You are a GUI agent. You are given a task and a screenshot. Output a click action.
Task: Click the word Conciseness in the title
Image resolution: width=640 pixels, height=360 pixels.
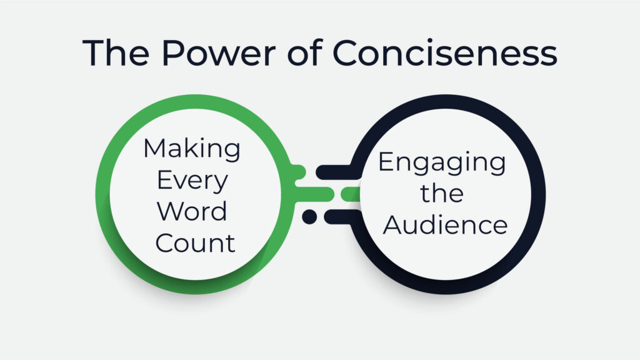click(x=445, y=52)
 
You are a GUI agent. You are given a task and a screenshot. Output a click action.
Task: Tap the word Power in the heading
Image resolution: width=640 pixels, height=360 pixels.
click(x=219, y=52)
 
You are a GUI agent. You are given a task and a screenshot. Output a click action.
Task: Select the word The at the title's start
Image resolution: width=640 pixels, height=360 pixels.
click(x=116, y=52)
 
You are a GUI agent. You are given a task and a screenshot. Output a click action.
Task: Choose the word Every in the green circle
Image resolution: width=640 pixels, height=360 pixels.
click(x=192, y=181)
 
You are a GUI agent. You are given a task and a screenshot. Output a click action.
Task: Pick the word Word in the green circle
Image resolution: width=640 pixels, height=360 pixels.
click(x=192, y=211)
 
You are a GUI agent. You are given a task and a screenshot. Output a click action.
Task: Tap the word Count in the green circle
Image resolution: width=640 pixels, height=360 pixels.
click(x=195, y=243)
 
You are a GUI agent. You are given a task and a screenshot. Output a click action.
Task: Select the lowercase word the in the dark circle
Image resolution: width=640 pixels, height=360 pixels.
click(x=442, y=193)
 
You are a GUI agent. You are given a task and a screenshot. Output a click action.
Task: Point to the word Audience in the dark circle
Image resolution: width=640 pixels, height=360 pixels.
click(x=445, y=224)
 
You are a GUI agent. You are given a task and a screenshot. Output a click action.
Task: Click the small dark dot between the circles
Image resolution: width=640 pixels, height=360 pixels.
click(x=309, y=216)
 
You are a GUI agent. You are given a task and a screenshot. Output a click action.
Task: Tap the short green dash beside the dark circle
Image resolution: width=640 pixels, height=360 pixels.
click(x=351, y=194)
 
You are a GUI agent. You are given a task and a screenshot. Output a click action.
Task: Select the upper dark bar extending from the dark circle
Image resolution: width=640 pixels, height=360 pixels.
click(x=336, y=172)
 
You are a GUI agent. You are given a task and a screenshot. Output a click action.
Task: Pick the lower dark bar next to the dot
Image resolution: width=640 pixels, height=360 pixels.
click(x=341, y=217)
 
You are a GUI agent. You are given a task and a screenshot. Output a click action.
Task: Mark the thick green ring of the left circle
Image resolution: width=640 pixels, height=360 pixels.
click(x=102, y=194)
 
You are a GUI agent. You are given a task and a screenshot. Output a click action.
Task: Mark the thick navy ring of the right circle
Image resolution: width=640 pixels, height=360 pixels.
click(x=538, y=194)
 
